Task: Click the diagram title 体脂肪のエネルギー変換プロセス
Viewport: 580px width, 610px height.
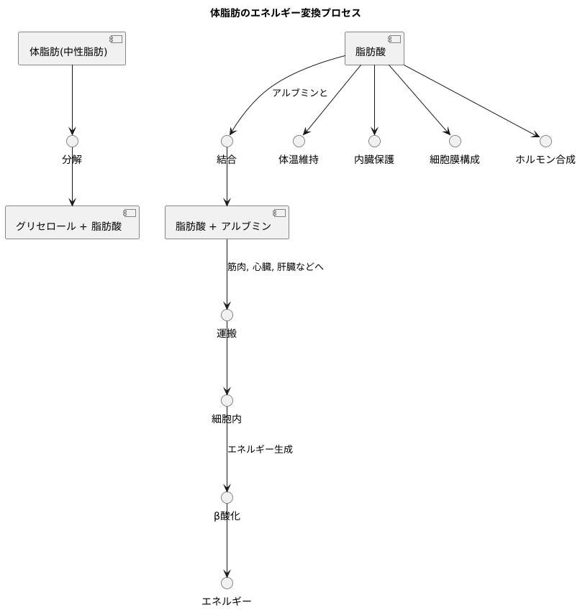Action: pyautogui.click(x=285, y=13)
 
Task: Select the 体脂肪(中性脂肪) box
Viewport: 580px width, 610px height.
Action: pyautogui.click(x=72, y=49)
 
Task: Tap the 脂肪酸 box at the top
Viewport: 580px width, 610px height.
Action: pyautogui.click(x=374, y=49)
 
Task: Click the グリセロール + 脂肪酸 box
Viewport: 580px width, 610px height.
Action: pyautogui.click(x=72, y=223)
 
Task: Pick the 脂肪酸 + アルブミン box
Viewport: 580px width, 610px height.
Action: pyautogui.click(x=227, y=223)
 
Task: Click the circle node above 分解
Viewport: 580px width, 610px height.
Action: pyautogui.click(x=72, y=141)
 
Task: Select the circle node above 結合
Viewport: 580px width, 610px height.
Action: pyautogui.click(x=227, y=141)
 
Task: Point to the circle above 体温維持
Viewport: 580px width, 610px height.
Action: pyautogui.click(x=299, y=141)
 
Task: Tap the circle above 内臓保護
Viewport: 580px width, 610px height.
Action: pyautogui.click(x=374, y=141)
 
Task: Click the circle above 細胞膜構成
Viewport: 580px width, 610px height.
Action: pyautogui.click(x=455, y=141)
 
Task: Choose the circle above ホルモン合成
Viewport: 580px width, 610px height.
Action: pyautogui.click(x=545, y=141)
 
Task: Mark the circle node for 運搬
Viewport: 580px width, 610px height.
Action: pyautogui.click(x=227, y=315)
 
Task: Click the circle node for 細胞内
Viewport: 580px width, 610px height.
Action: pyautogui.click(x=227, y=400)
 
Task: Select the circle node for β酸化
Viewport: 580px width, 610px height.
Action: pyautogui.click(x=227, y=497)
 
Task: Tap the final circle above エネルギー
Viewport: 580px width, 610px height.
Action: pyautogui.click(x=227, y=583)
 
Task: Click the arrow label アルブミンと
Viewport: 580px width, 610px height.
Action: pyautogui.click(x=300, y=93)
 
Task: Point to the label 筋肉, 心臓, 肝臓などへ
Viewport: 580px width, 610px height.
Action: pyautogui.click(x=276, y=267)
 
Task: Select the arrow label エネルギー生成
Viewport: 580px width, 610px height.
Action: pyautogui.click(x=260, y=449)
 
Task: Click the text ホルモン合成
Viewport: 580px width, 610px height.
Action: pyautogui.click(x=545, y=160)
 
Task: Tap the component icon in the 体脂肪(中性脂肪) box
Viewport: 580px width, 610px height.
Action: pyautogui.click(x=115, y=40)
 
